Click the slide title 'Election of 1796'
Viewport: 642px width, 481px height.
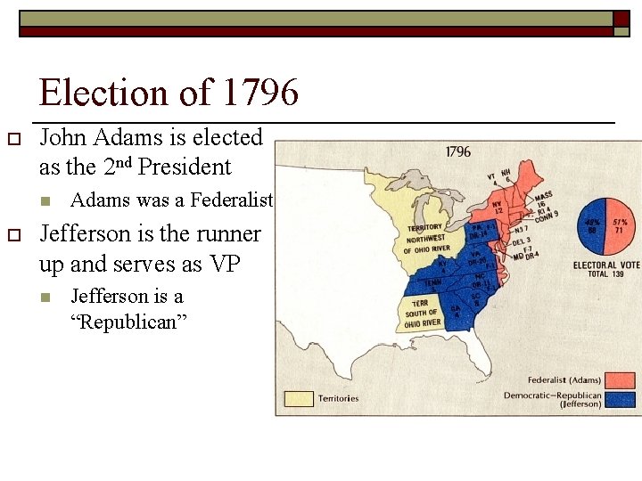tap(169, 93)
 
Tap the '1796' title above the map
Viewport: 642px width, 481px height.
tap(457, 151)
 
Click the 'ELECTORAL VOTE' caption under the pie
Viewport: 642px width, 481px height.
tap(605, 265)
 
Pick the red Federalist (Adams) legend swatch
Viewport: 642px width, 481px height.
tap(618, 381)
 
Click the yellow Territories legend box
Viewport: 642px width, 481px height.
tap(299, 398)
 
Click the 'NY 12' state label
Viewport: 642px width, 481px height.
tap(500, 208)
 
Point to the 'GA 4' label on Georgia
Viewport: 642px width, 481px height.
tap(455, 313)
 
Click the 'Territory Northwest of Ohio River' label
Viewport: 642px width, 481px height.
tap(423, 239)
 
